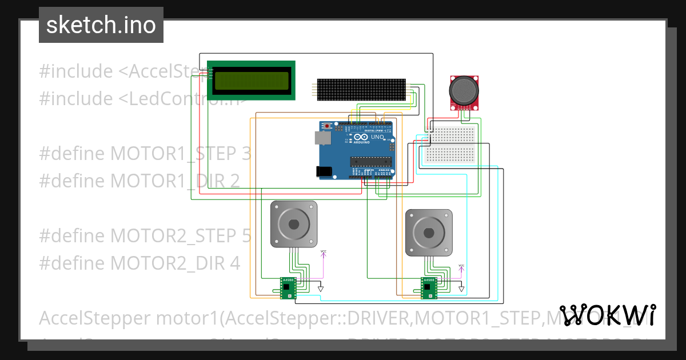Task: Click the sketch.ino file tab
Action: (101, 25)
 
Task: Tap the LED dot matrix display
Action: (361, 90)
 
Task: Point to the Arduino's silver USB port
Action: (322, 137)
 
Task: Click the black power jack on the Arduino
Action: (324, 171)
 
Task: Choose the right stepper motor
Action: (429, 233)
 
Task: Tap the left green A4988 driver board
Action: (288, 288)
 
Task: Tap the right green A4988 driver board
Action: (429, 288)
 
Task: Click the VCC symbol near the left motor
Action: (324, 252)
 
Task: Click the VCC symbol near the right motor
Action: (461, 266)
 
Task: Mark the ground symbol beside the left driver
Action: (321, 289)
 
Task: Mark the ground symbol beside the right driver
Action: (461, 289)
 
